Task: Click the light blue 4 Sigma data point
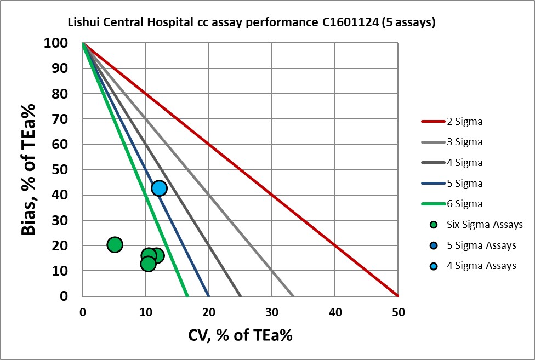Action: pyautogui.click(x=159, y=188)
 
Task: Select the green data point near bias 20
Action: pyautogui.click(x=115, y=244)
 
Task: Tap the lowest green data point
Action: pyautogui.click(x=148, y=264)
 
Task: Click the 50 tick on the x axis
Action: pyautogui.click(x=399, y=312)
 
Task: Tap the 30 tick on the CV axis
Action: pyautogui.click(x=272, y=312)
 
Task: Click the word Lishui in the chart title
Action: pyautogui.click(x=80, y=23)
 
